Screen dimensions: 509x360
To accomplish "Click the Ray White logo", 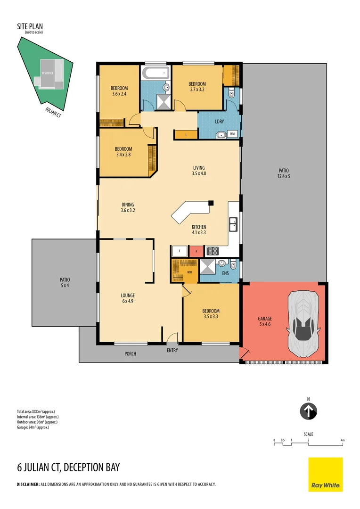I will point(326,474).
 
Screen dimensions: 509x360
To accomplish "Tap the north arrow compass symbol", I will point(308,411).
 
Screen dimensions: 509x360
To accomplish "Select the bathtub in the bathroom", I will point(155,73).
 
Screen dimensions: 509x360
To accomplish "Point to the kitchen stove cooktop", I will point(213,251).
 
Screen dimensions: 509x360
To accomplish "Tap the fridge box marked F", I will point(180,251).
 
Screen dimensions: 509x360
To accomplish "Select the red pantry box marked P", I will point(196,251).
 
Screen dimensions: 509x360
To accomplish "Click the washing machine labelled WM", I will point(233,134).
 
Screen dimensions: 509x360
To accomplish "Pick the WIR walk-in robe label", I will point(189,272).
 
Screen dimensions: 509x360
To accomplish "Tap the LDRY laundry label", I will point(219,121).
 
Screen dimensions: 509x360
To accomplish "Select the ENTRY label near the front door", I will point(172,351).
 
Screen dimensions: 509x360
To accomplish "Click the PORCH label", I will point(131,353).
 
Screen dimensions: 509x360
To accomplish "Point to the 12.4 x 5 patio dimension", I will point(283,177).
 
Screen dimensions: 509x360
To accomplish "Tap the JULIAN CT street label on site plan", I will point(53,110).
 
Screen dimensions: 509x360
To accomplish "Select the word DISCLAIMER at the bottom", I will point(28,484).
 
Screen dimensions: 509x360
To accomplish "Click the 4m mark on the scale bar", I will point(343,440).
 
